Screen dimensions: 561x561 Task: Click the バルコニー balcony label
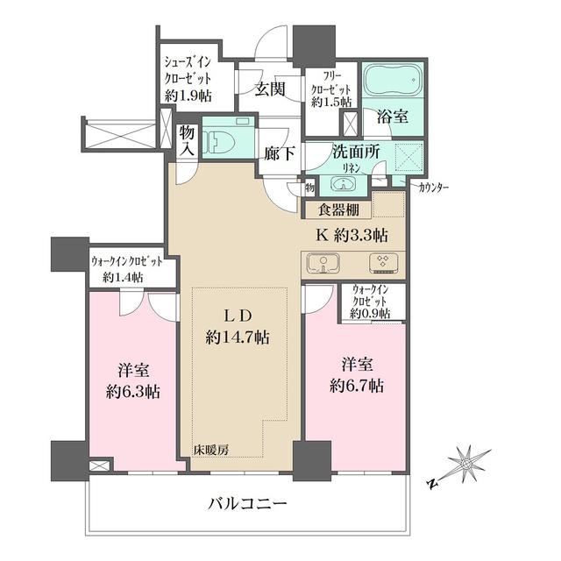tap(248, 504)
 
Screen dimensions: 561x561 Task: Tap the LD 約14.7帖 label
tap(237, 326)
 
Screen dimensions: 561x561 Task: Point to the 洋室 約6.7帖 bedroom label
tap(354, 375)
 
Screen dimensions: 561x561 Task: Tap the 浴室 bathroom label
tap(391, 115)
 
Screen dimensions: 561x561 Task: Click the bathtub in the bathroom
tap(391, 83)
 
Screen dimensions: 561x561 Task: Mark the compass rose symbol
tap(466, 462)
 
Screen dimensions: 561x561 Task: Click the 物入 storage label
tap(187, 138)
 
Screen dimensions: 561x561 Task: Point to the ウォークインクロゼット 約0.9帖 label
tap(373, 301)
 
